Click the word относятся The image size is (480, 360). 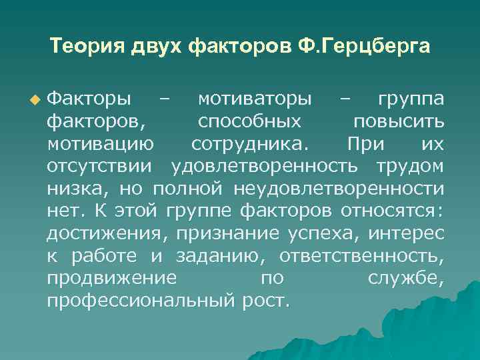[x=391, y=211]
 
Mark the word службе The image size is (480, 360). [x=405, y=277]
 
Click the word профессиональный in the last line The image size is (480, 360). [x=139, y=300]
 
